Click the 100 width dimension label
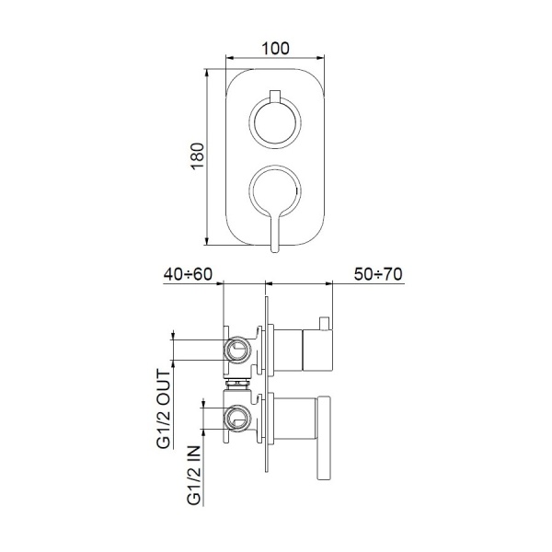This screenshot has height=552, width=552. (275, 48)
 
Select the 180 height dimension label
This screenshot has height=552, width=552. (198, 156)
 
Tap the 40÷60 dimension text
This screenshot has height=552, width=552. (188, 274)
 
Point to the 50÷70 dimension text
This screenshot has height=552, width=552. (378, 274)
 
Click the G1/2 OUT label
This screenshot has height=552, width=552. (164, 409)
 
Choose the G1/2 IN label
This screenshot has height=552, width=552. (194, 476)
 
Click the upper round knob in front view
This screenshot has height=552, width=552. (275, 122)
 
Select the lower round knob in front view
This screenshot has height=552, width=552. (275, 190)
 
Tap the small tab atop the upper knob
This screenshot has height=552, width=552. (275, 97)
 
